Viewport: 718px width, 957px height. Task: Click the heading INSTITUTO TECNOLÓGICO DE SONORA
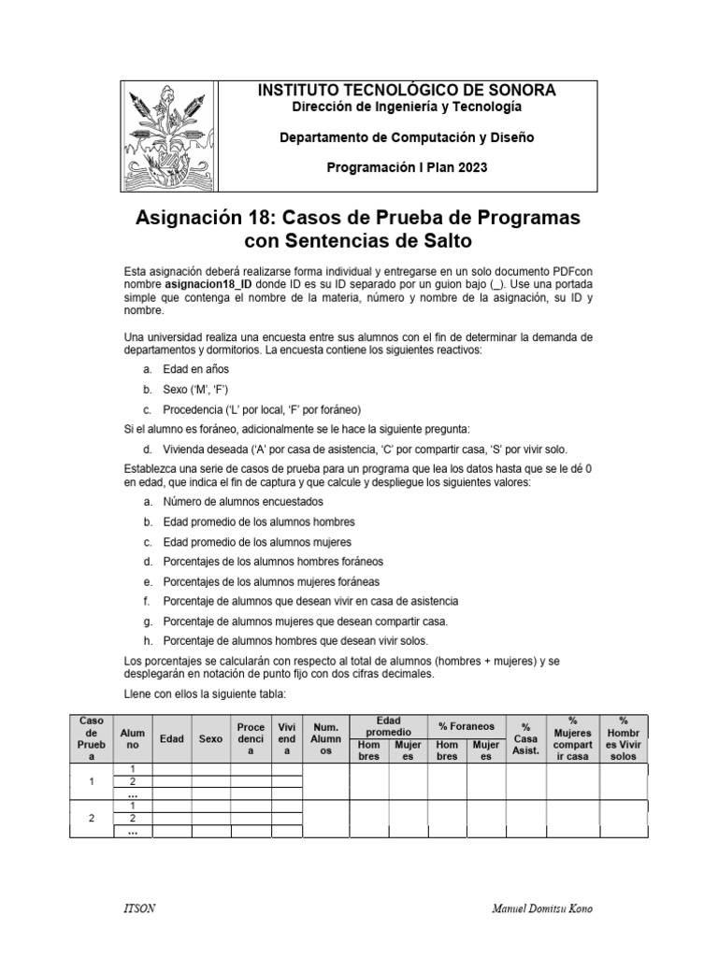(x=406, y=91)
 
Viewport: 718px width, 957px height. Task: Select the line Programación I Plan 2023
(x=406, y=167)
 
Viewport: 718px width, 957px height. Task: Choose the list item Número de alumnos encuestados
(x=230, y=502)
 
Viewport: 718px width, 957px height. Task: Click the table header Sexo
(x=211, y=738)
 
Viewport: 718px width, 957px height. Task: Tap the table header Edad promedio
(x=388, y=726)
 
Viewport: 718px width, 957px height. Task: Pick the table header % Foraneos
(x=466, y=726)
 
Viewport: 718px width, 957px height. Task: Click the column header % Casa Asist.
(x=526, y=738)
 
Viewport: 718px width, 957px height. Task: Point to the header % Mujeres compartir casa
(x=572, y=738)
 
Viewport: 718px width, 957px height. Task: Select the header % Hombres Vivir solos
(x=624, y=738)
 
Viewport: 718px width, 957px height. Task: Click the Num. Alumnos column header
(x=325, y=738)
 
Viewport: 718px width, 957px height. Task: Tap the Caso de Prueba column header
(x=91, y=738)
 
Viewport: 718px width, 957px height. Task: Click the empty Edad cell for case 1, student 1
(x=172, y=768)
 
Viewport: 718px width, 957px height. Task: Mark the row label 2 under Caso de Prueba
(x=91, y=819)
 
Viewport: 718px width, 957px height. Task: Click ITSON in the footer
(x=137, y=908)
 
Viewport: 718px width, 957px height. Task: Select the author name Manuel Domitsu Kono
(x=541, y=908)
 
